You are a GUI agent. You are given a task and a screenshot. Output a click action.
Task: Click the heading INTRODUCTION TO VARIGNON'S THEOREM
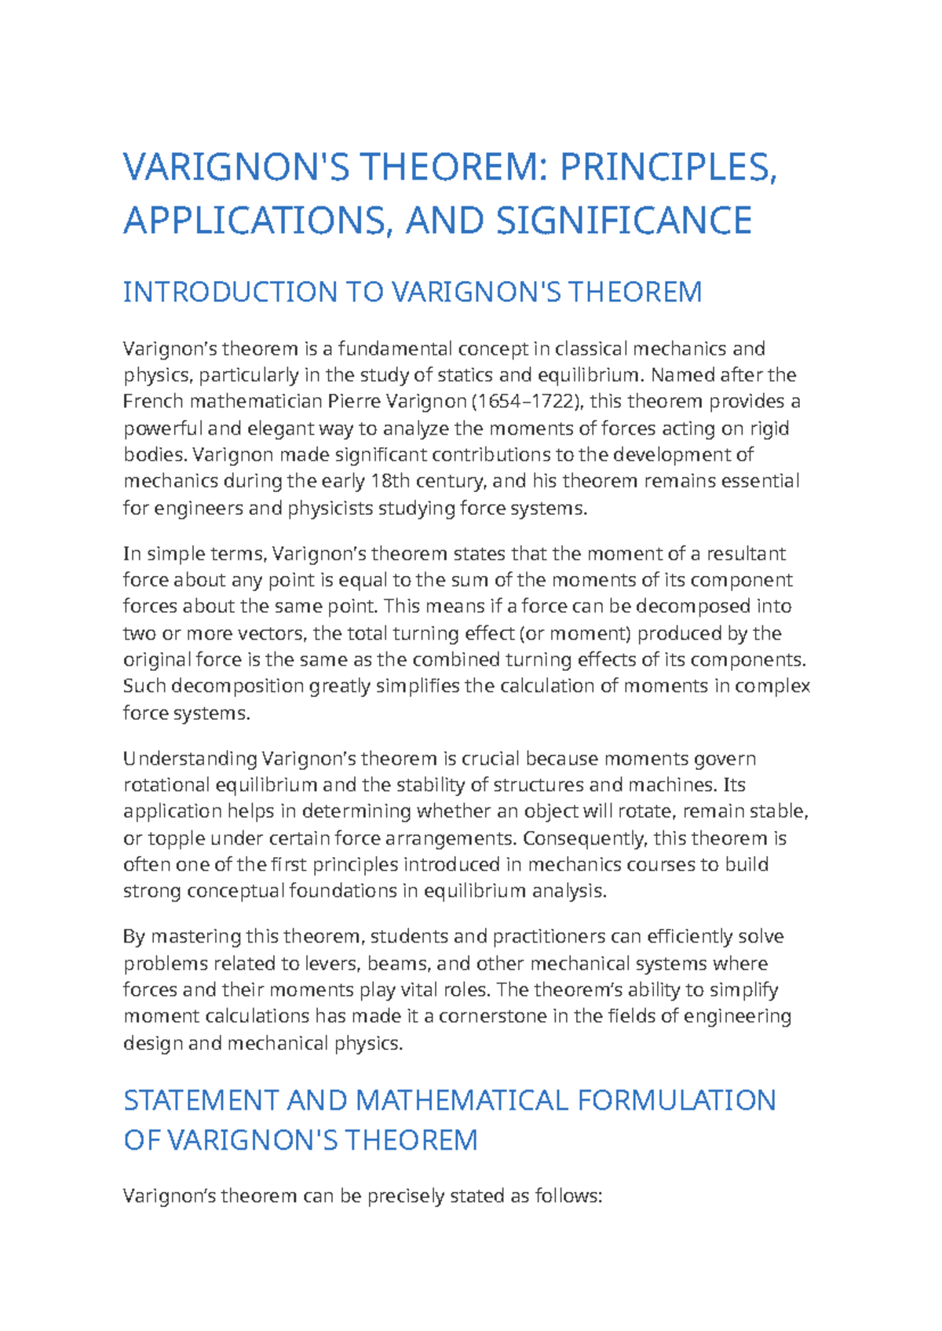pyautogui.click(x=412, y=293)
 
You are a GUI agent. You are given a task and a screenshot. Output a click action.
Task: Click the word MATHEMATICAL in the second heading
pyautogui.click(x=462, y=1100)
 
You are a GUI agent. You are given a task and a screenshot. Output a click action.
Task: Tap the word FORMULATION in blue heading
pyautogui.click(x=676, y=1100)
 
